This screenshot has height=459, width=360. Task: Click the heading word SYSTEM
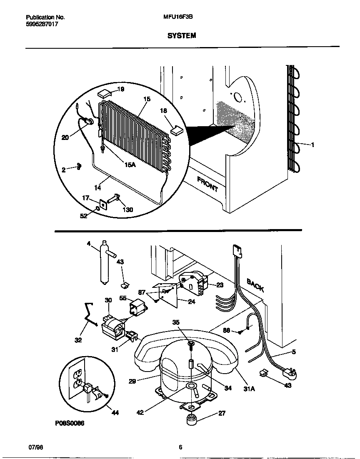[x=182, y=36]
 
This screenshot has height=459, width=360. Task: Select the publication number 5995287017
[x=42, y=24]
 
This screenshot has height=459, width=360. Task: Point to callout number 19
[x=120, y=89]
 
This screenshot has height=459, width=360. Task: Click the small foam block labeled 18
[x=177, y=130]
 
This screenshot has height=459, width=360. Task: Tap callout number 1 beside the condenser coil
[x=312, y=145]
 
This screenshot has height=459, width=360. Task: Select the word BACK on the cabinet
[x=255, y=285]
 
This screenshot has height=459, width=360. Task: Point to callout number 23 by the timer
[x=220, y=285]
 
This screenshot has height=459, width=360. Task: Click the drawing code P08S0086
[x=69, y=423]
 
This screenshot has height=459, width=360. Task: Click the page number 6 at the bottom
[x=180, y=447]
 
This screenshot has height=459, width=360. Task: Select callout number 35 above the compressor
[x=176, y=322]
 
